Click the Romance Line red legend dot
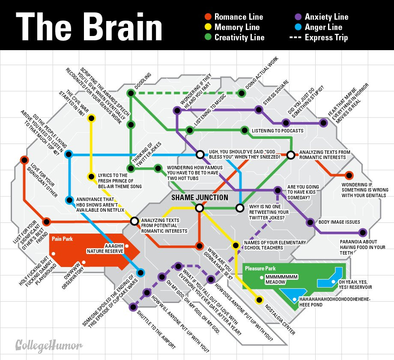[x=208, y=17]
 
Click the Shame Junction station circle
[x=199, y=208]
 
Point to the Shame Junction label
[x=200, y=198]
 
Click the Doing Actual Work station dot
[x=242, y=93]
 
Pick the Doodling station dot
[x=131, y=93]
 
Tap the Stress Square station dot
[x=258, y=110]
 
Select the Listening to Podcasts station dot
[x=245, y=130]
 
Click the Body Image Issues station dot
[x=310, y=222]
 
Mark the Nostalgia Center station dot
[x=259, y=300]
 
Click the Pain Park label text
[x=61, y=239]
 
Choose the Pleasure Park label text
[x=260, y=269]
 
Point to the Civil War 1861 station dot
[x=91, y=118]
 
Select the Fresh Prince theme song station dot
[x=91, y=176]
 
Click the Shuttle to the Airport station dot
[x=133, y=307]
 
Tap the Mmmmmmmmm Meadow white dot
[x=260, y=278]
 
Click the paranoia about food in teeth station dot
[x=363, y=233]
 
